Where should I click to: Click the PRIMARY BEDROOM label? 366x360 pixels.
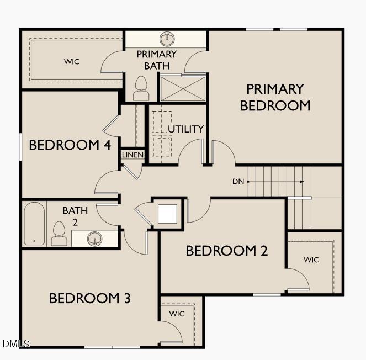tap(275, 97)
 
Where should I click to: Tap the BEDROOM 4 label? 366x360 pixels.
tap(70, 145)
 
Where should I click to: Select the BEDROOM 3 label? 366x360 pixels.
tap(90, 299)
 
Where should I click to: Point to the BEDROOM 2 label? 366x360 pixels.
tap(227, 251)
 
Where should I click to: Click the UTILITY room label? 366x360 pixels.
tap(186, 129)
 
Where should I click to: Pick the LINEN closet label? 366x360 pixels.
tap(133, 155)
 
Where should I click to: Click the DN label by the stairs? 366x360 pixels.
tap(238, 181)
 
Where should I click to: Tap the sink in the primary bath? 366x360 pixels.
tap(167, 39)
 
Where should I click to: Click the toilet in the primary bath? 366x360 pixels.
tap(141, 88)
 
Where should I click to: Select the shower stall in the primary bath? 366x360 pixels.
tap(183, 88)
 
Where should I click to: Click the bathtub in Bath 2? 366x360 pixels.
tap(34, 224)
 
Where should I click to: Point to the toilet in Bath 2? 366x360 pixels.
tap(59, 234)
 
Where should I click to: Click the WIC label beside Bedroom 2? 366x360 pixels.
tap(311, 260)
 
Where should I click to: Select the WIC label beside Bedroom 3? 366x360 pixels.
tap(177, 314)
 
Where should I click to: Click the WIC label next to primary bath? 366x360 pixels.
tap(72, 61)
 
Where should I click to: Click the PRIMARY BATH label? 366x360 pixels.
tap(156, 60)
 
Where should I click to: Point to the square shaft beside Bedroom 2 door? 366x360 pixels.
tap(167, 213)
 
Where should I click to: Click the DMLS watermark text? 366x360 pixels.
tap(16, 343)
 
